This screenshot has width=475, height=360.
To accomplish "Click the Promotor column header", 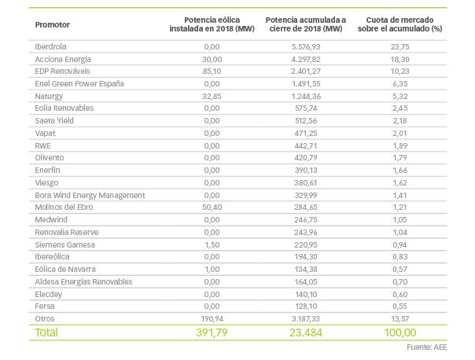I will [x=53, y=24].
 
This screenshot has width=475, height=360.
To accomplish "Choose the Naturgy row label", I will [x=50, y=96].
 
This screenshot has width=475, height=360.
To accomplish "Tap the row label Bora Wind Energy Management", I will [x=90, y=195].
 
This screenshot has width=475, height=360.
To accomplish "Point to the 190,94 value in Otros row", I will [x=210, y=319].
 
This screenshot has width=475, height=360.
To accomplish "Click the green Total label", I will [x=47, y=333].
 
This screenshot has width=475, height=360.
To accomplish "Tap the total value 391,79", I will [x=206, y=333].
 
